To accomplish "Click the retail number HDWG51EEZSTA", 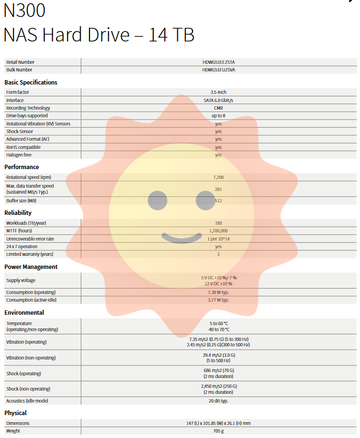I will [x=218, y=62].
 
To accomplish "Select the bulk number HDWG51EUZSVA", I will [x=218, y=70].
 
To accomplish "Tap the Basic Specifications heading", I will [x=31, y=82].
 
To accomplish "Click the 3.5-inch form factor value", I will [x=218, y=92].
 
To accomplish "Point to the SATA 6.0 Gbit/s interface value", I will [x=218, y=100].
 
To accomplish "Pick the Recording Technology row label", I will [x=28, y=108].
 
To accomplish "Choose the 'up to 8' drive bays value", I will [x=218, y=116].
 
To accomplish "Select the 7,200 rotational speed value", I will [x=218, y=177].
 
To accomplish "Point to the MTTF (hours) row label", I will [x=20, y=231].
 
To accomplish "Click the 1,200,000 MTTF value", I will [x=218, y=231].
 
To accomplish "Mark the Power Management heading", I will [x=31, y=267].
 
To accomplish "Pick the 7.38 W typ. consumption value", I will [x=218, y=292].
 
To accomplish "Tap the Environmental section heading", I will [x=24, y=313].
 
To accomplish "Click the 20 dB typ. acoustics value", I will [x=218, y=401].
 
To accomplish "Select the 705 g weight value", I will [x=218, y=431].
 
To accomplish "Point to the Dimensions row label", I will [x=18, y=423].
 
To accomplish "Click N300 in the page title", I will [x=25, y=11].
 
